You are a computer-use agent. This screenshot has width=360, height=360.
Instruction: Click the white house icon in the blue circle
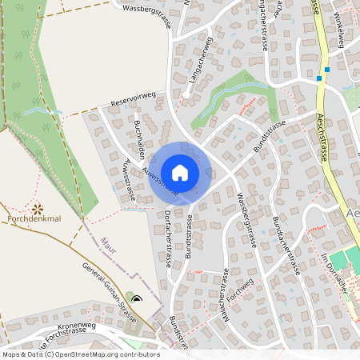180,172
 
